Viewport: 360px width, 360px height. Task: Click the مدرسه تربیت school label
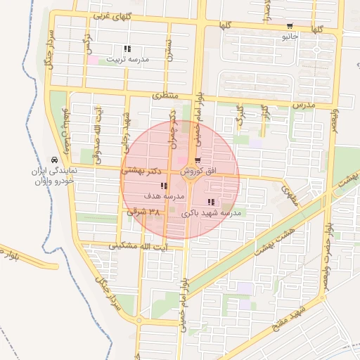pos(127,60)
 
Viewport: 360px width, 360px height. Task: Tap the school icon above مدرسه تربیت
pos(127,49)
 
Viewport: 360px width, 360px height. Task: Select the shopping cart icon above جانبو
pos(290,26)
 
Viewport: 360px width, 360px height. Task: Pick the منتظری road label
pos(167,94)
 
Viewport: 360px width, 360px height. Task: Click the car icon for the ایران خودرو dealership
pos(55,159)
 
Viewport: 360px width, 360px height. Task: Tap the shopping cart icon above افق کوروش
pos(197,160)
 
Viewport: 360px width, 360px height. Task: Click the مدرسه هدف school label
pos(163,196)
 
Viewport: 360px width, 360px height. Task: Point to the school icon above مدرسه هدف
pos(163,186)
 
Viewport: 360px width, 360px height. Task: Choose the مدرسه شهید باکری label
pos(211,212)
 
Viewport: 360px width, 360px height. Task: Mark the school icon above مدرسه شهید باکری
pos(212,202)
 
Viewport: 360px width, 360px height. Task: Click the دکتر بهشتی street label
pos(144,170)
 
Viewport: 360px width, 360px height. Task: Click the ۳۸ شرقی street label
pos(144,210)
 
